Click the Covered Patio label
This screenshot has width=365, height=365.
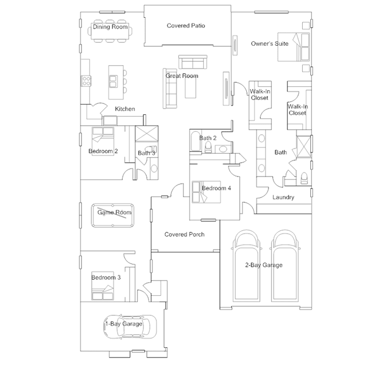pyautogui.click(x=186, y=26)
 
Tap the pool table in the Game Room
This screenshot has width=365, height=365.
pyautogui.click(x=113, y=215)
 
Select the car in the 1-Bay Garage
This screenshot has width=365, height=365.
pyautogui.click(x=130, y=327)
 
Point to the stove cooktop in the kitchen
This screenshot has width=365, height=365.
pyautogui.click(x=86, y=81)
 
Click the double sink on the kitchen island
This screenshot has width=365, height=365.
pyautogui.click(x=113, y=81)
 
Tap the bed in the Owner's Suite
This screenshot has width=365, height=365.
pyautogui.click(x=294, y=47)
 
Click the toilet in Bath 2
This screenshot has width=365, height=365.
pyautogui.click(x=208, y=148)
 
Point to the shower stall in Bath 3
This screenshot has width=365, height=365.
pyautogui.click(x=147, y=134)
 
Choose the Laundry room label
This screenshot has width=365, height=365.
pyautogui.click(x=283, y=198)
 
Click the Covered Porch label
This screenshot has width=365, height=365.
pyautogui.click(x=184, y=234)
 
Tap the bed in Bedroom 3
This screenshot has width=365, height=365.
pyautogui.click(x=103, y=286)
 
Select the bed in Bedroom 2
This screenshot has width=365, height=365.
pyautogui.click(x=103, y=141)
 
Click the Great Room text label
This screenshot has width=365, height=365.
pyautogui.click(x=182, y=76)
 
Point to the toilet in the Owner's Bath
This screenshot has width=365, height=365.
pyautogui.click(x=304, y=178)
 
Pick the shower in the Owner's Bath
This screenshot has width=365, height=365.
pyautogui.click(x=304, y=146)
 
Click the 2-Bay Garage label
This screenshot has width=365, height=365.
pyautogui.click(x=264, y=265)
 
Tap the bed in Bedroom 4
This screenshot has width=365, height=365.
pyautogui.click(x=206, y=192)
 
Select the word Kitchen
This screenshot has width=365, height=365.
pyautogui.click(x=125, y=109)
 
